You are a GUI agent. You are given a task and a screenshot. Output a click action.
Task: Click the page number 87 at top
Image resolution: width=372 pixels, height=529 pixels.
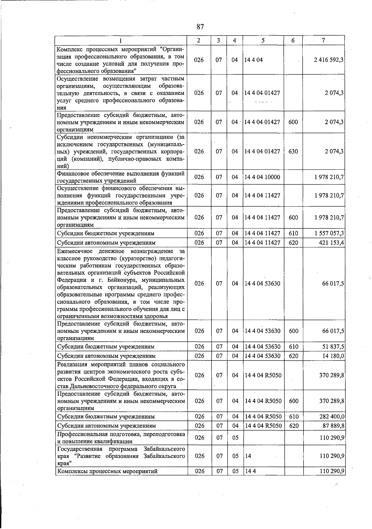[200, 27]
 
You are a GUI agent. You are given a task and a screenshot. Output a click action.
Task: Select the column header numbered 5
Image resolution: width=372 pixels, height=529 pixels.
[263, 40]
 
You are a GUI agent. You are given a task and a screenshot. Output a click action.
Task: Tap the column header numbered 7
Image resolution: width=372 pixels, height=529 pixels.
[323, 40]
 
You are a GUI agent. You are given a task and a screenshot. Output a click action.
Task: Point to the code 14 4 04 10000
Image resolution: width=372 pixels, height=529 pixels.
[262, 177]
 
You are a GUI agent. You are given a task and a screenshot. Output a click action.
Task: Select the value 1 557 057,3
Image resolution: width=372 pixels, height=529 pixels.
[329, 233]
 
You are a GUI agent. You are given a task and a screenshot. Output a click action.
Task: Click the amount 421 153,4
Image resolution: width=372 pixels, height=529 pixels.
[331, 243]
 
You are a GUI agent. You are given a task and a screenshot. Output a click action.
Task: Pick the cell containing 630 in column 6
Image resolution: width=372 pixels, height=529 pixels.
[293, 151]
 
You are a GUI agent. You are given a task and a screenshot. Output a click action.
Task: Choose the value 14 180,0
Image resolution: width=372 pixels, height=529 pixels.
[333, 356]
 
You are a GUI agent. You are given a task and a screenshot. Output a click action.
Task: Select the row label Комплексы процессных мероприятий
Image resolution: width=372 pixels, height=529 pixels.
[108, 471]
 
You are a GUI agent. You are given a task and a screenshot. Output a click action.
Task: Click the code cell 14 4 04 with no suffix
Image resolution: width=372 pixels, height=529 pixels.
[253, 60]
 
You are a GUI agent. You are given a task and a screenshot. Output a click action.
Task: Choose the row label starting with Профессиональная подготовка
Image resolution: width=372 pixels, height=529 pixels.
[121, 437]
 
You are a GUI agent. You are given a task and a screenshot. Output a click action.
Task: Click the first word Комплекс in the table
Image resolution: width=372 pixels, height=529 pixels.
[69, 50]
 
